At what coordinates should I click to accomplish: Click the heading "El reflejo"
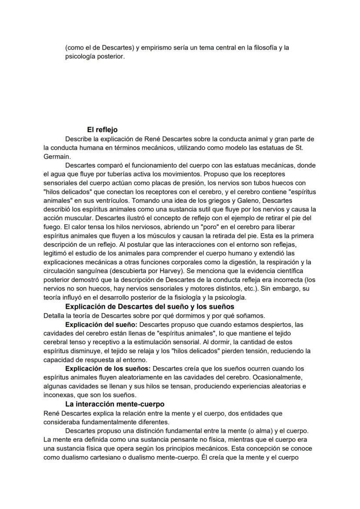point(102,130)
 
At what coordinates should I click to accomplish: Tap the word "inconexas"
point(60,395)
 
